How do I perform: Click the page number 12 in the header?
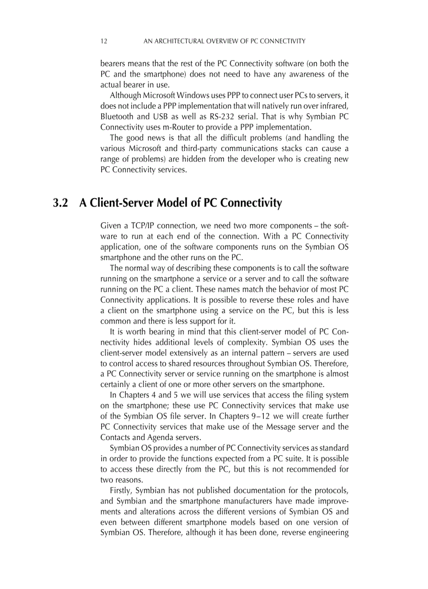click(103, 41)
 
